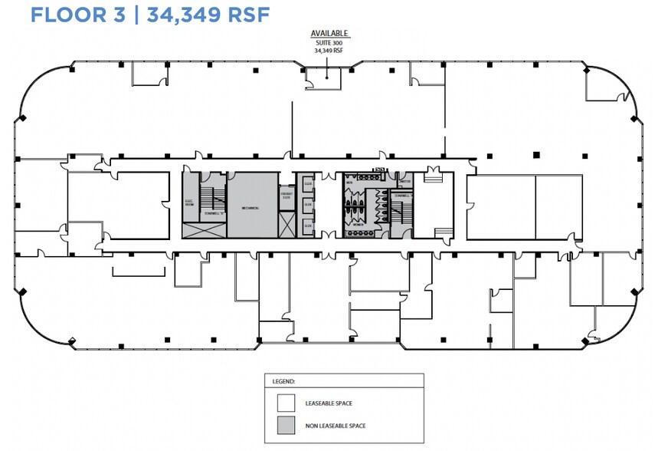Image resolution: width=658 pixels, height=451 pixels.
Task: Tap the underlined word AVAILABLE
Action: (x=329, y=34)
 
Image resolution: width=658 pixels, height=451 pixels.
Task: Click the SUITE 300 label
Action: (x=329, y=42)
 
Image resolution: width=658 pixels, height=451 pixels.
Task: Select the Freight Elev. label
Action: (x=286, y=196)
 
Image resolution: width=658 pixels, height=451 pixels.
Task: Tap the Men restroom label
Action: (x=349, y=183)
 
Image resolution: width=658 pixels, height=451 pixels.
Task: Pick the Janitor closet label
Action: (x=405, y=182)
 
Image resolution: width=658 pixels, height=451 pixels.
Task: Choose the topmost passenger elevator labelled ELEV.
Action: (x=307, y=184)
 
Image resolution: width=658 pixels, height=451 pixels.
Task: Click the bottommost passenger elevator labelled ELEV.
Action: (x=307, y=226)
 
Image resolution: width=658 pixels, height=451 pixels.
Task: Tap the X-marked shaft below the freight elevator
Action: (x=286, y=225)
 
